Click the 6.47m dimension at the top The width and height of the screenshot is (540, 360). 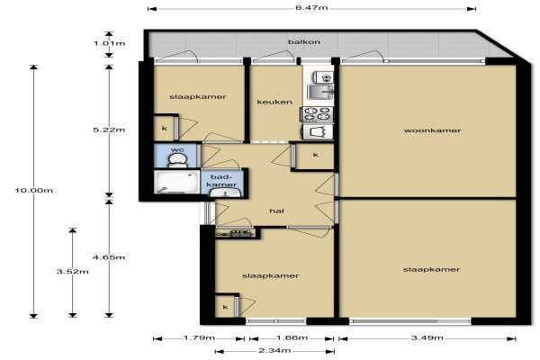[x=311, y=7]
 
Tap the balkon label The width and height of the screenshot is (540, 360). [x=304, y=42]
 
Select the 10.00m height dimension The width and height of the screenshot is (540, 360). [x=34, y=190]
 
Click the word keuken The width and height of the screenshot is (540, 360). [x=274, y=102]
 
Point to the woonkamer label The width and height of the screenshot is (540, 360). [x=432, y=130]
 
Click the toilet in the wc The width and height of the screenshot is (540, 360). [x=177, y=160]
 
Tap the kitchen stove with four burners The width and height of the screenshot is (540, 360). [x=317, y=114]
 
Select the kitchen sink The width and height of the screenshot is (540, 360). [x=320, y=91]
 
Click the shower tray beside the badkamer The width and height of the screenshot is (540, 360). [x=177, y=182]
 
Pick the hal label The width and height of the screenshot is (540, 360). [x=277, y=211]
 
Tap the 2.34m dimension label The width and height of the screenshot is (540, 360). [x=274, y=351]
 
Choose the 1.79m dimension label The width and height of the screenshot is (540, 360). [x=199, y=337]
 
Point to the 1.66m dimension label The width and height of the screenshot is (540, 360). [x=292, y=337]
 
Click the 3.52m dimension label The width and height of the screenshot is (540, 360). [x=72, y=272]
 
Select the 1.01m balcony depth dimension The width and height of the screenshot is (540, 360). [x=109, y=43]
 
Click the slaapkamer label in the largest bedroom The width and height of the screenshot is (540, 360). [x=431, y=269]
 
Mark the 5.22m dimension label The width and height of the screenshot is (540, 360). [x=109, y=130]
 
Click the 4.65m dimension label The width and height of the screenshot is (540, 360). [x=109, y=257]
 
